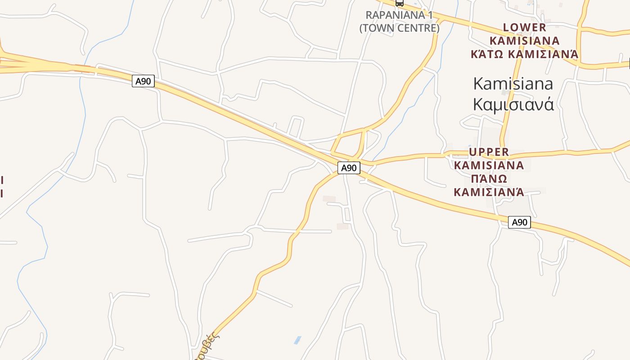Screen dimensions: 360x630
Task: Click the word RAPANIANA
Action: (x=395, y=15)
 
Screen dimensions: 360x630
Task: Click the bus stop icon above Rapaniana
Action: (x=399, y=3)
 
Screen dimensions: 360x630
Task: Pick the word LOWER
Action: (x=524, y=27)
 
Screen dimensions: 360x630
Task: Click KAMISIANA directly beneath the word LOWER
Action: (x=524, y=41)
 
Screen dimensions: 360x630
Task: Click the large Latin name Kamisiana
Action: (x=513, y=84)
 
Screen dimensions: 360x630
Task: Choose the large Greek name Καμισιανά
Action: (x=513, y=104)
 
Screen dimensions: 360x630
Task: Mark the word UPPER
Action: (x=489, y=152)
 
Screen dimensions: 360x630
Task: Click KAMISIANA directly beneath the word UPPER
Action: (x=489, y=165)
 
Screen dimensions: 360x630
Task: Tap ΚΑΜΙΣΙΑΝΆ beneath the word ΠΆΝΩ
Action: (x=489, y=192)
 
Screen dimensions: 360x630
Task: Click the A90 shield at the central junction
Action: (x=349, y=168)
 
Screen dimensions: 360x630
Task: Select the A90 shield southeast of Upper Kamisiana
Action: (x=519, y=222)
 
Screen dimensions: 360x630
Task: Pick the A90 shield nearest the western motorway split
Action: (x=143, y=81)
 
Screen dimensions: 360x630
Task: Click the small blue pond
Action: (x=297, y=340)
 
